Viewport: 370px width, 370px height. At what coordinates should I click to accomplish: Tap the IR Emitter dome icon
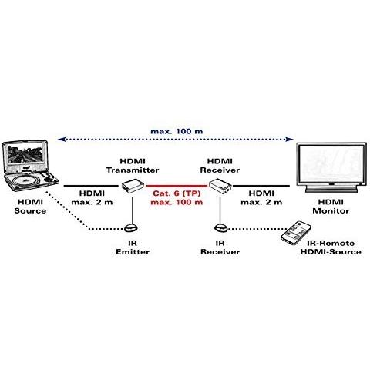pyautogui.click(x=131, y=228)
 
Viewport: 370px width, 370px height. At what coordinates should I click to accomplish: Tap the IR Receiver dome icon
pyautogui.click(x=220, y=228)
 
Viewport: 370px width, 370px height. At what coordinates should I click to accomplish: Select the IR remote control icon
pyautogui.click(x=296, y=233)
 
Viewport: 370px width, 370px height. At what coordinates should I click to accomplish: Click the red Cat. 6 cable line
pyautogui.click(x=177, y=186)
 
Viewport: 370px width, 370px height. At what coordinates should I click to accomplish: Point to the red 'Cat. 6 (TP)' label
pyautogui.click(x=177, y=193)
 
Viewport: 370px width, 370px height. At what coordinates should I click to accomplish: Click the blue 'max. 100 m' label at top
pyautogui.click(x=177, y=131)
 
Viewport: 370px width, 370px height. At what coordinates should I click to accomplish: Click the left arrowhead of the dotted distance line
pyautogui.click(x=61, y=140)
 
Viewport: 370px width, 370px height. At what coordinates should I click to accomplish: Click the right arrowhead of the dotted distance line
pyautogui.click(x=290, y=140)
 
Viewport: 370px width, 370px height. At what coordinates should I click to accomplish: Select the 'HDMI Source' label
pyautogui.click(x=30, y=207)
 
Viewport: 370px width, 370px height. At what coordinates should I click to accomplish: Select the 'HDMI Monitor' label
pyautogui.click(x=331, y=207)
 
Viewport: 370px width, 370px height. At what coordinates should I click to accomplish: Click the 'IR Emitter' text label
pyautogui.click(x=133, y=247)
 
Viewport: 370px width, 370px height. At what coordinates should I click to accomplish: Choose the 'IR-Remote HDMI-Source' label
pyautogui.click(x=331, y=247)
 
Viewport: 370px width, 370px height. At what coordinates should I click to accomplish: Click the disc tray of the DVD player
pyautogui.click(x=25, y=180)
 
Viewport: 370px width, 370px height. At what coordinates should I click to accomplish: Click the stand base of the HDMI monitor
pyautogui.click(x=331, y=190)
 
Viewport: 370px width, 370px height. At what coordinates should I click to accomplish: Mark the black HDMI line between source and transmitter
pyautogui.click(x=91, y=186)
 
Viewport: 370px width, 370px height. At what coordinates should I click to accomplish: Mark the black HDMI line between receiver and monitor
pyautogui.click(x=261, y=186)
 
